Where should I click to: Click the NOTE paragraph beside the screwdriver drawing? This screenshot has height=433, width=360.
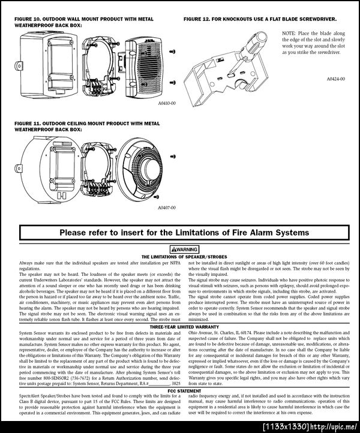pyautogui.click(x=312, y=44)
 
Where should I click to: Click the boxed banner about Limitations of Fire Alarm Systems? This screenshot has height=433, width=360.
pyautogui.click(x=179, y=231)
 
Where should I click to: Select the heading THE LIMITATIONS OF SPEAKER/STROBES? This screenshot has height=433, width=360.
pyautogui.click(x=179, y=256)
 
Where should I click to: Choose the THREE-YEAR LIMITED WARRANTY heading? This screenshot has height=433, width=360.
pyautogui.click(x=179, y=327)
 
